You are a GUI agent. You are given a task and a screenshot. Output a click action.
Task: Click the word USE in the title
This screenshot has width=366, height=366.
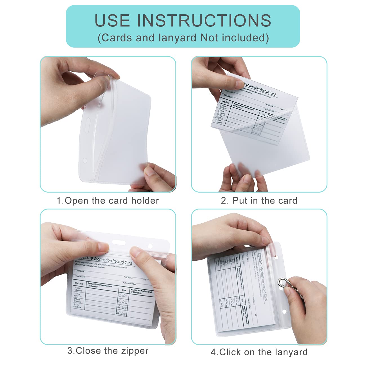[112, 21]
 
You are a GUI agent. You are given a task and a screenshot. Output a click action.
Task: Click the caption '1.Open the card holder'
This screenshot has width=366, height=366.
[108, 201]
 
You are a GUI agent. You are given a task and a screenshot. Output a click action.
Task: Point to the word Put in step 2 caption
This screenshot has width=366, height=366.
[240, 201]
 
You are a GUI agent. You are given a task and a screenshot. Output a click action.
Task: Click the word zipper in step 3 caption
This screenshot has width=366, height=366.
[135, 351]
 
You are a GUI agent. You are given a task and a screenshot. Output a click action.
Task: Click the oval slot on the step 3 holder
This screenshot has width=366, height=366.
[119, 242]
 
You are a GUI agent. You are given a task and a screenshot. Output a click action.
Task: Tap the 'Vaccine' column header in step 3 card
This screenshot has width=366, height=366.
[79, 284]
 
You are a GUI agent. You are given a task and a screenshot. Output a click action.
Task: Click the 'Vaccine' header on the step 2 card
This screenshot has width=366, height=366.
[225, 102]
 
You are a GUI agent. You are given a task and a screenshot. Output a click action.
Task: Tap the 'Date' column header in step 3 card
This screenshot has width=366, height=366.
[124, 290]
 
